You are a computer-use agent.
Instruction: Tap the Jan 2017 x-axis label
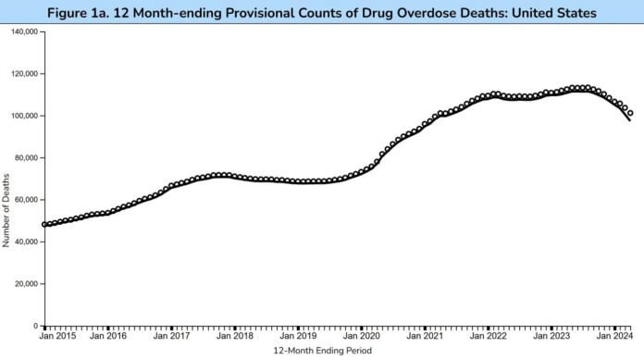coord(171,336)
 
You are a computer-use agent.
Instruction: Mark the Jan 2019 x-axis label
coord(298,336)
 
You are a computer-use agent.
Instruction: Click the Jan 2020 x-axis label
coord(361,336)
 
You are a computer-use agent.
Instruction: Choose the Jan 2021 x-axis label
coord(425,336)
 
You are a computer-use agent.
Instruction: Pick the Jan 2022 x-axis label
coord(488,336)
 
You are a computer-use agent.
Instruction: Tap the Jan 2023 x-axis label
coord(551,336)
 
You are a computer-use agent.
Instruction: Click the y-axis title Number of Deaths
coord(6,212)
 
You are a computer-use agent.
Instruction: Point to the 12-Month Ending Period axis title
coord(321,351)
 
